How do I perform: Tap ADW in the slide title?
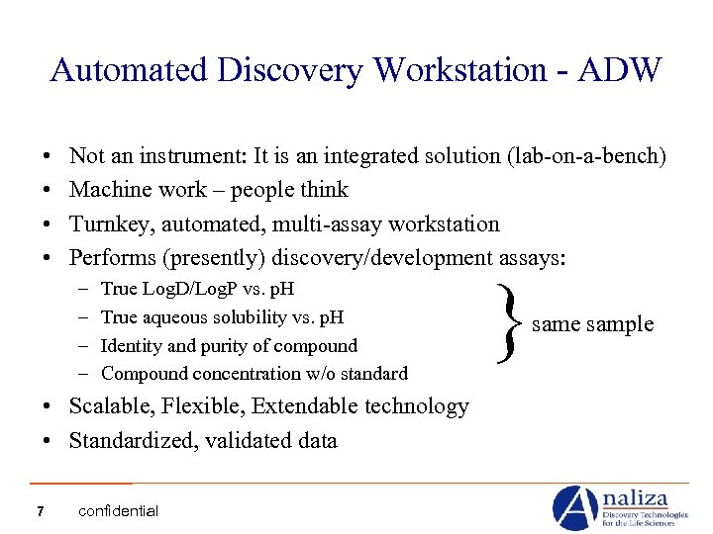(628, 70)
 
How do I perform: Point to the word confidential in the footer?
(118, 511)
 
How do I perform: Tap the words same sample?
(592, 324)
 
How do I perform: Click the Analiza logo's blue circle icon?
(574, 507)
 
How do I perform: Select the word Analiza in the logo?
(640, 497)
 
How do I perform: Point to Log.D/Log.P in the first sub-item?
(189, 290)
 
